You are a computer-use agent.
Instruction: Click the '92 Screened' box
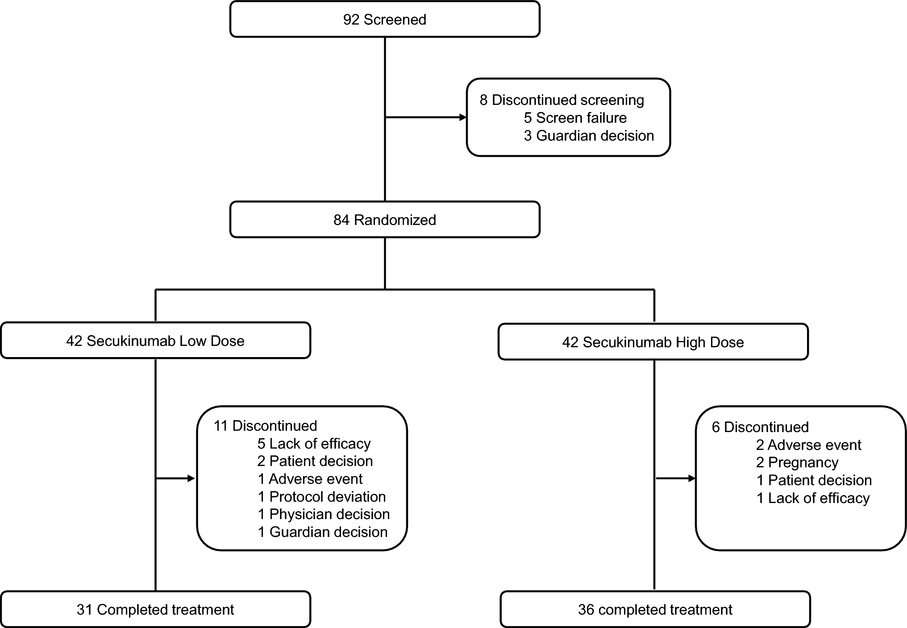(384, 20)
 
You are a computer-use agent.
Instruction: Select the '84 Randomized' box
(384, 220)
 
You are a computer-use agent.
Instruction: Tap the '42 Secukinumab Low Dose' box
(155, 341)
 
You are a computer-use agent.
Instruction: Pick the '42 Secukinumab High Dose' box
(653, 342)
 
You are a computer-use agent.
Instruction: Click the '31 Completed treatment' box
(155, 610)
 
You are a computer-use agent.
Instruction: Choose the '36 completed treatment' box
(655, 610)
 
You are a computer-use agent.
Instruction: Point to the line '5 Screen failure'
(575, 118)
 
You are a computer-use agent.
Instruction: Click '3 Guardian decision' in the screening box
(588, 136)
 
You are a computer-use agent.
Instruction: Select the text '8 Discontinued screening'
(562, 100)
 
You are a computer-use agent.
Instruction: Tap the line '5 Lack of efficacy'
(314, 444)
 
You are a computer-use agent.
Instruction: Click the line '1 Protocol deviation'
(321, 497)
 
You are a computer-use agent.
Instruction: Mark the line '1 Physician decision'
(324, 514)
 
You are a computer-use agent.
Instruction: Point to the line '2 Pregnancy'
(797, 462)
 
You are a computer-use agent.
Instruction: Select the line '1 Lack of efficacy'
(813, 498)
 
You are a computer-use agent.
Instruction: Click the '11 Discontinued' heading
(265, 426)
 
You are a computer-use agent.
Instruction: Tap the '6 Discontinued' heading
(760, 427)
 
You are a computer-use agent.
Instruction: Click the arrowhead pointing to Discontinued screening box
(463, 117)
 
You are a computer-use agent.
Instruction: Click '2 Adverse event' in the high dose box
(808, 445)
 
